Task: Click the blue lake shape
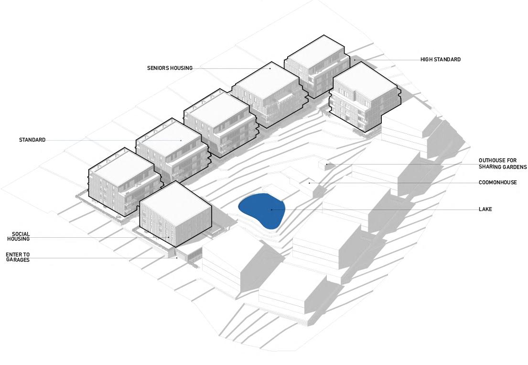[x=261, y=210]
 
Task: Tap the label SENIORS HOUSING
[x=170, y=68]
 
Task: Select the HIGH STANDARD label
[x=440, y=60]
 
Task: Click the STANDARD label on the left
[x=32, y=140]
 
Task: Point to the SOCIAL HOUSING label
[x=18, y=236]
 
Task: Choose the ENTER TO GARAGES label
[x=18, y=257]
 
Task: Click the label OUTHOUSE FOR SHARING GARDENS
[x=502, y=164]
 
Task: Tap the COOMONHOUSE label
[x=497, y=183]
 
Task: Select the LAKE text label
[x=485, y=210]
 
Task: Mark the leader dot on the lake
[x=271, y=210]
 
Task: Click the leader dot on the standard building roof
[x=181, y=140]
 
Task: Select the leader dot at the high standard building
[x=355, y=60]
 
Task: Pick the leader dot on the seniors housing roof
[x=270, y=68]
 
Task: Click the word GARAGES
[x=18, y=260]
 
